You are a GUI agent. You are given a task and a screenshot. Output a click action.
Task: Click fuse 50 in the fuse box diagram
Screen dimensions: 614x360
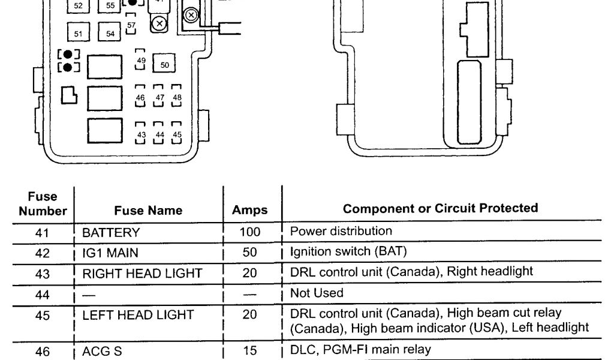tap(164, 64)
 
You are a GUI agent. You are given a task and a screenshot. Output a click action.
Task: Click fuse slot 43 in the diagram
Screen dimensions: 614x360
tap(141, 134)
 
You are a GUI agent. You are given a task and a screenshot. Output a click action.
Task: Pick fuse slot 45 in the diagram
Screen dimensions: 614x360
tap(176, 134)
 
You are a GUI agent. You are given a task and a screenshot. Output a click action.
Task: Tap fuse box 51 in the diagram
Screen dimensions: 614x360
tap(79, 34)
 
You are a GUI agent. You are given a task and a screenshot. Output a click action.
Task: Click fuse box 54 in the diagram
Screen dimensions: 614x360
tap(110, 34)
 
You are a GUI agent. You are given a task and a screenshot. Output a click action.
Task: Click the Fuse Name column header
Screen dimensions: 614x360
tap(148, 211)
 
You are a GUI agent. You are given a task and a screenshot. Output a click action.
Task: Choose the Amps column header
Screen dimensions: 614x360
tap(249, 211)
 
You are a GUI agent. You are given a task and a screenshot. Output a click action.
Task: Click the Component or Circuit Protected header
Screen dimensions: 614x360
tap(440, 208)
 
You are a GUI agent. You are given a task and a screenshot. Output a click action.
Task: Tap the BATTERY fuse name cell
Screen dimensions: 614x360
tap(111, 233)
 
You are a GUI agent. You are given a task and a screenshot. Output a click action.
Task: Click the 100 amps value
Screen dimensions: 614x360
tap(250, 232)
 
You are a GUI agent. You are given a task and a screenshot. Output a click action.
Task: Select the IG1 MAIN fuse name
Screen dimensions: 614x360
tap(109, 253)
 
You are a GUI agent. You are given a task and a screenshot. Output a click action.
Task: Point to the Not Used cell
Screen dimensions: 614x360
tap(317, 293)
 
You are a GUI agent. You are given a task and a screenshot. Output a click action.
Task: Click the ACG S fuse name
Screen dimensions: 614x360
tap(102, 352)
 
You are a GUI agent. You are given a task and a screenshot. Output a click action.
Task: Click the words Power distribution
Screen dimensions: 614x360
tap(341, 230)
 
